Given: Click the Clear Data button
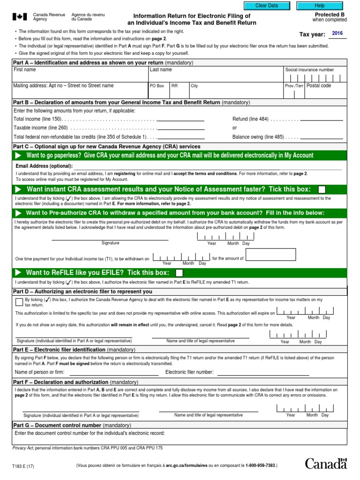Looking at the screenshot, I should (266, 6).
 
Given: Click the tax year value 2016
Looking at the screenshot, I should (337, 33).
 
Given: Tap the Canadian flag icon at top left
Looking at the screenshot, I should (19, 17).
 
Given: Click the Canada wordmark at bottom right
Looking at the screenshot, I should (326, 464).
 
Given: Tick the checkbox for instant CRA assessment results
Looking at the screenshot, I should (322, 189).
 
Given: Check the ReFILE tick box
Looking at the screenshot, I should (179, 273).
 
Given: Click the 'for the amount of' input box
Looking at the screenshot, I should (270, 255).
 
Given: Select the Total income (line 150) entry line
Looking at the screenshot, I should (180, 119).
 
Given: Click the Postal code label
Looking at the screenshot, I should (319, 86).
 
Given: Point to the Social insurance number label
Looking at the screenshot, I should (309, 70).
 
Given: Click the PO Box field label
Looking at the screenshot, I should (157, 86).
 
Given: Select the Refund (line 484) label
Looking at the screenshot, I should (250, 119).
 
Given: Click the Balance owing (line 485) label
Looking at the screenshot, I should (258, 137).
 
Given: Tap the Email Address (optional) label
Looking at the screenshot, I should (44, 166).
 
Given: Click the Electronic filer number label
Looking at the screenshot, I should (190, 372).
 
